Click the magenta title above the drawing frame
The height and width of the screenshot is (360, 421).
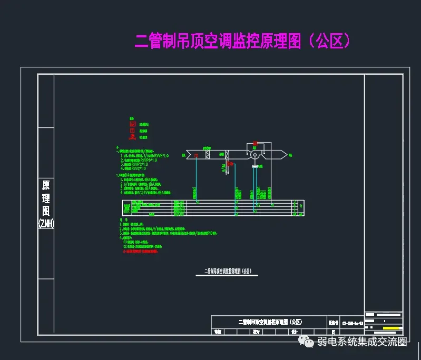pos(243,41)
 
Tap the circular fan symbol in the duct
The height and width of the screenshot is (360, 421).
pos(254,155)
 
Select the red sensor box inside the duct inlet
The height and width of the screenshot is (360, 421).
pos(197,155)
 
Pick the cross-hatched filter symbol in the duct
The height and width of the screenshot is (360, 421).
pos(208,155)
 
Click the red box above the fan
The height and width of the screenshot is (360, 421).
pos(255,143)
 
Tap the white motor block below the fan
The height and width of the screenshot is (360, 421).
pos(254,167)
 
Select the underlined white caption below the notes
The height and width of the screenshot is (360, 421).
pos(228,272)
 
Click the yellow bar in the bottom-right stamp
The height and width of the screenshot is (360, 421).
pos(393,328)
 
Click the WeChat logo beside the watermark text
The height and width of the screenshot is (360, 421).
pos(306,343)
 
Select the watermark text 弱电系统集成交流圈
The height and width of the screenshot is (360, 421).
pos(362,343)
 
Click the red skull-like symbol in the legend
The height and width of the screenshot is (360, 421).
pos(133,136)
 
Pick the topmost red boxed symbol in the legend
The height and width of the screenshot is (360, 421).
pos(132,124)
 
